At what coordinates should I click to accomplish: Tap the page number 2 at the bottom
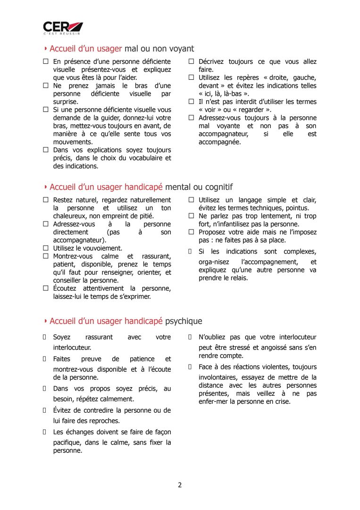pos(180,484)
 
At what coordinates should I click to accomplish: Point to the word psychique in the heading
pos(184,321)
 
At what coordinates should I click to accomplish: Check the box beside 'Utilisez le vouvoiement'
pos(46,248)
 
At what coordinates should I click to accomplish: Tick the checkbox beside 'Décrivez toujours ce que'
pos(192,61)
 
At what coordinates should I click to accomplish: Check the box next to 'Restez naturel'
pos(46,200)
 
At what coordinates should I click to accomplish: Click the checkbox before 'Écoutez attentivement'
pos(46,288)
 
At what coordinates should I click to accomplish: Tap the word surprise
pos(66,102)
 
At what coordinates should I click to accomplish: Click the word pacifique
pos(67,442)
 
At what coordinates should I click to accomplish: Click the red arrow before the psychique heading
pos(45,321)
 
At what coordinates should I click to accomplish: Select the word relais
pos(238,278)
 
